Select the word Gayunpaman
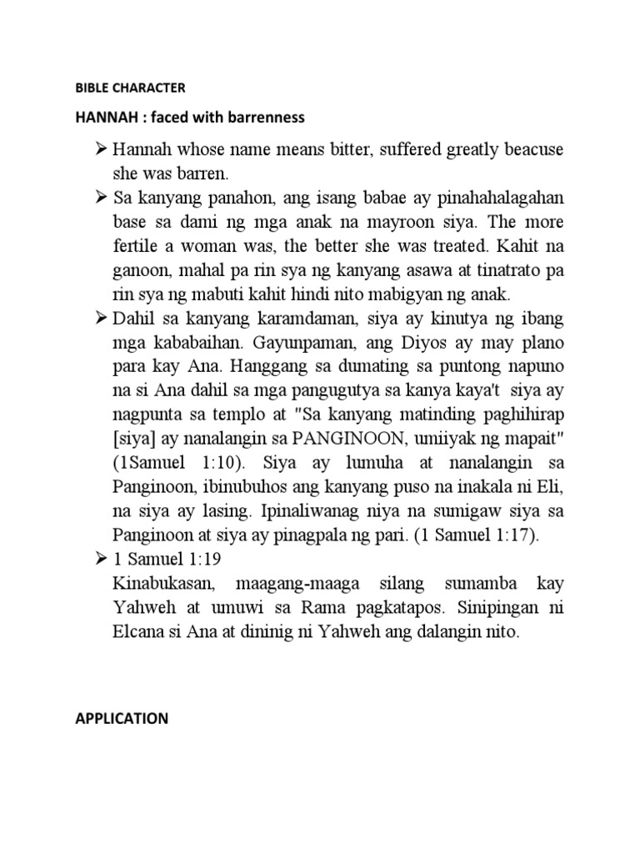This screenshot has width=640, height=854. (269, 343)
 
